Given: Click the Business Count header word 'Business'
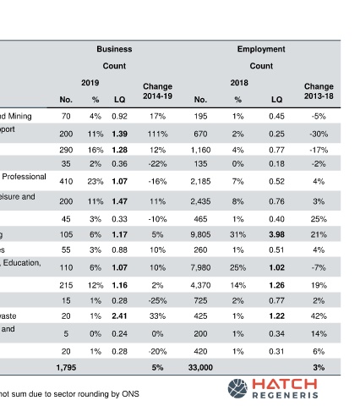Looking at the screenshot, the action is [x=114, y=49].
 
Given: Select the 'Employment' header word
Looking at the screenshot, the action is [x=261, y=49].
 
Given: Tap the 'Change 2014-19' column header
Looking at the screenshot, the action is [x=157, y=91].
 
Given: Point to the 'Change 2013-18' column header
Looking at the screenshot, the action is [x=319, y=91].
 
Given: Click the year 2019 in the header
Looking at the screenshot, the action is [x=90, y=83].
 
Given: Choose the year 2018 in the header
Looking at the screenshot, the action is [x=239, y=83].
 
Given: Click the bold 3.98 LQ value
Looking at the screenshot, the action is [x=276, y=234].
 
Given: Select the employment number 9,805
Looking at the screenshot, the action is [x=200, y=234].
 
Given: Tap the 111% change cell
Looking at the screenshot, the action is [x=157, y=134].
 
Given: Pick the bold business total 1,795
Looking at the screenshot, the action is [x=66, y=367].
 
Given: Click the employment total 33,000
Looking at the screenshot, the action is [x=200, y=367].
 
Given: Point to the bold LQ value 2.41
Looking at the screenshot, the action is [x=119, y=315].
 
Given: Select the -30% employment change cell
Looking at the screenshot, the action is [x=319, y=134].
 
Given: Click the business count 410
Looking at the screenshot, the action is [x=66, y=181].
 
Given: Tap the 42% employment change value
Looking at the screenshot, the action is [x=319, y=315].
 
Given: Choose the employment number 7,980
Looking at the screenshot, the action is [x=200, y=267].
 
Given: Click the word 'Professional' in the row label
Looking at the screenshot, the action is [x=24, y=177].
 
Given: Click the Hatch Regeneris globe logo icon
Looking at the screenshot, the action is [x=237, y=388].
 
